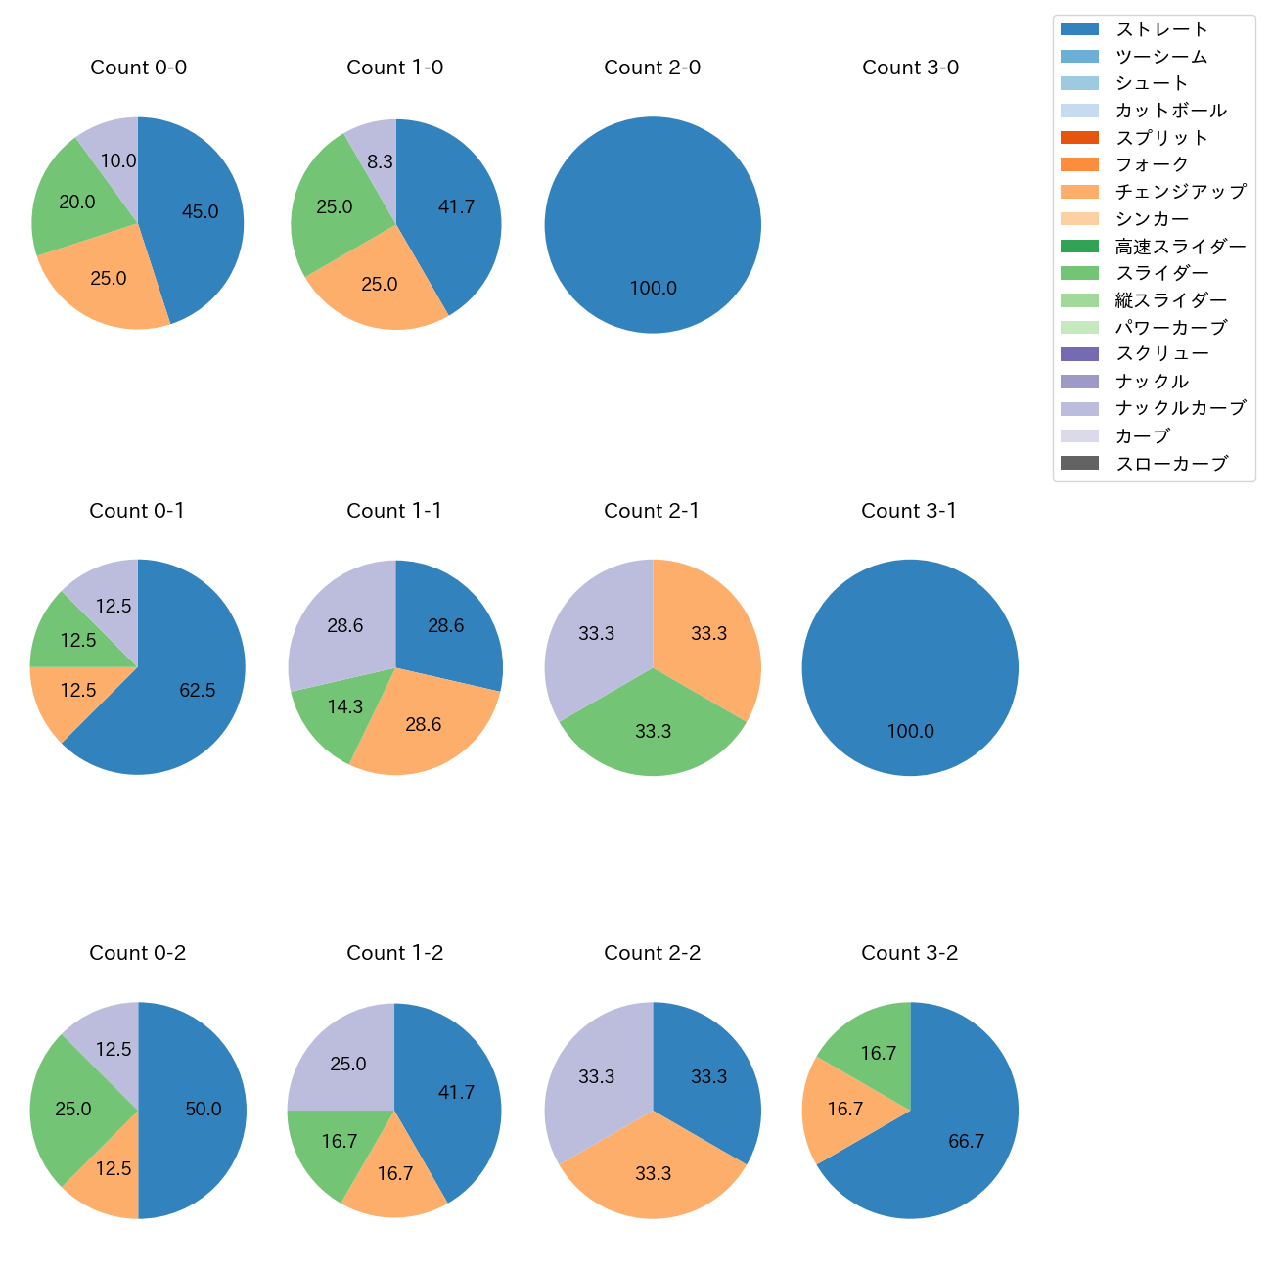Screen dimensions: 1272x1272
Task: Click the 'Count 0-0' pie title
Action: coord(138,68)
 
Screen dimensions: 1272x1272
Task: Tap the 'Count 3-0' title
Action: coord(910,68)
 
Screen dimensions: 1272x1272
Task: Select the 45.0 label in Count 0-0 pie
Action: coord(200,211)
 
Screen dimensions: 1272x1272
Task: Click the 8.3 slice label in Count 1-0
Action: coord(380,161)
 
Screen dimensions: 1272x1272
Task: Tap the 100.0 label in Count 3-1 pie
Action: coord(910,731)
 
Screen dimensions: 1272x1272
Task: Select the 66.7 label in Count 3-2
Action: coord(966,1141)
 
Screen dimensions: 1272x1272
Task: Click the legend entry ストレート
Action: coord(1161,29)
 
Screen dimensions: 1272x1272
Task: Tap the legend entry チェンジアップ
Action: coord(1180,192)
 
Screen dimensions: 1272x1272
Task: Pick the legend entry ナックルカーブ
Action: coord(1180,408)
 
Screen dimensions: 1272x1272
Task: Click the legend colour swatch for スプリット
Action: coord(1079,138)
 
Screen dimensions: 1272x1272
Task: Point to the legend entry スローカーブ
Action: coord(1171,463)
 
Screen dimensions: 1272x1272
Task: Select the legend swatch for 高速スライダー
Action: coord(1079,247)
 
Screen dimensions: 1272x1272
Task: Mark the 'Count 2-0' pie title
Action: coord(652,68)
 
